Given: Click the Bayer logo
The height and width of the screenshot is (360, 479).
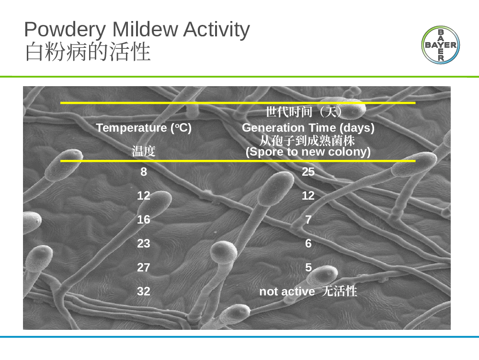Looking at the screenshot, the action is point(441,45).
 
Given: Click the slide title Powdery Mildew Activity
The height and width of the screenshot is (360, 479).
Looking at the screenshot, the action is point(137,30).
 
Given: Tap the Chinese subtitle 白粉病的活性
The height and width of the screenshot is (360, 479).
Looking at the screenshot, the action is point(88,52).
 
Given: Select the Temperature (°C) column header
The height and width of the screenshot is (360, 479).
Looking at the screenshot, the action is point(144,128).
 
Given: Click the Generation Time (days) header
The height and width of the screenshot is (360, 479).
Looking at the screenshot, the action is point(308,128).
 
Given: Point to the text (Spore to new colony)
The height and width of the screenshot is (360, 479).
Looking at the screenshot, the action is point(308,152).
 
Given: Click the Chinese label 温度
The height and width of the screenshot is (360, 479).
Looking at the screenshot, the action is point(144,151).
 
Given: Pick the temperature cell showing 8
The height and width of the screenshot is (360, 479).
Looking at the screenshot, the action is point(144,172).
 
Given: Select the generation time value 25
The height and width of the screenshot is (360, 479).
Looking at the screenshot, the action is point(308,172).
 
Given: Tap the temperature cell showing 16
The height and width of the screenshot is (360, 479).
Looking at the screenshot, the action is point(144,220).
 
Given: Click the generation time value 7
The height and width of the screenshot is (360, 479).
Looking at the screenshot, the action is point(308,220).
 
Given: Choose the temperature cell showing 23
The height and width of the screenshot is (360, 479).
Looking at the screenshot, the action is point(144,243).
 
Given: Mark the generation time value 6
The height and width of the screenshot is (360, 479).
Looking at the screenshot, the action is point(308,243).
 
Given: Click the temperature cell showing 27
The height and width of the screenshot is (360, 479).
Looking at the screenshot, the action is point(144,268).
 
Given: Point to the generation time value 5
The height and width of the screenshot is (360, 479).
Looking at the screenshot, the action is point(308,268).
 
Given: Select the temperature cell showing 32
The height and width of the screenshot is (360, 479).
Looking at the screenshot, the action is point(144,291).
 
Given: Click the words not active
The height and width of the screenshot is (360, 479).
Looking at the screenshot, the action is point(287,292).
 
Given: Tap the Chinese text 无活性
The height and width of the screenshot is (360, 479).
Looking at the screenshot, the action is point(340,291).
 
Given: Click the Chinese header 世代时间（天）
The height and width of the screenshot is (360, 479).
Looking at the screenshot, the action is point(303,112).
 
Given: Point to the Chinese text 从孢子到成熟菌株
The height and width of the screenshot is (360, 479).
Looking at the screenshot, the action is point(307,141).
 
